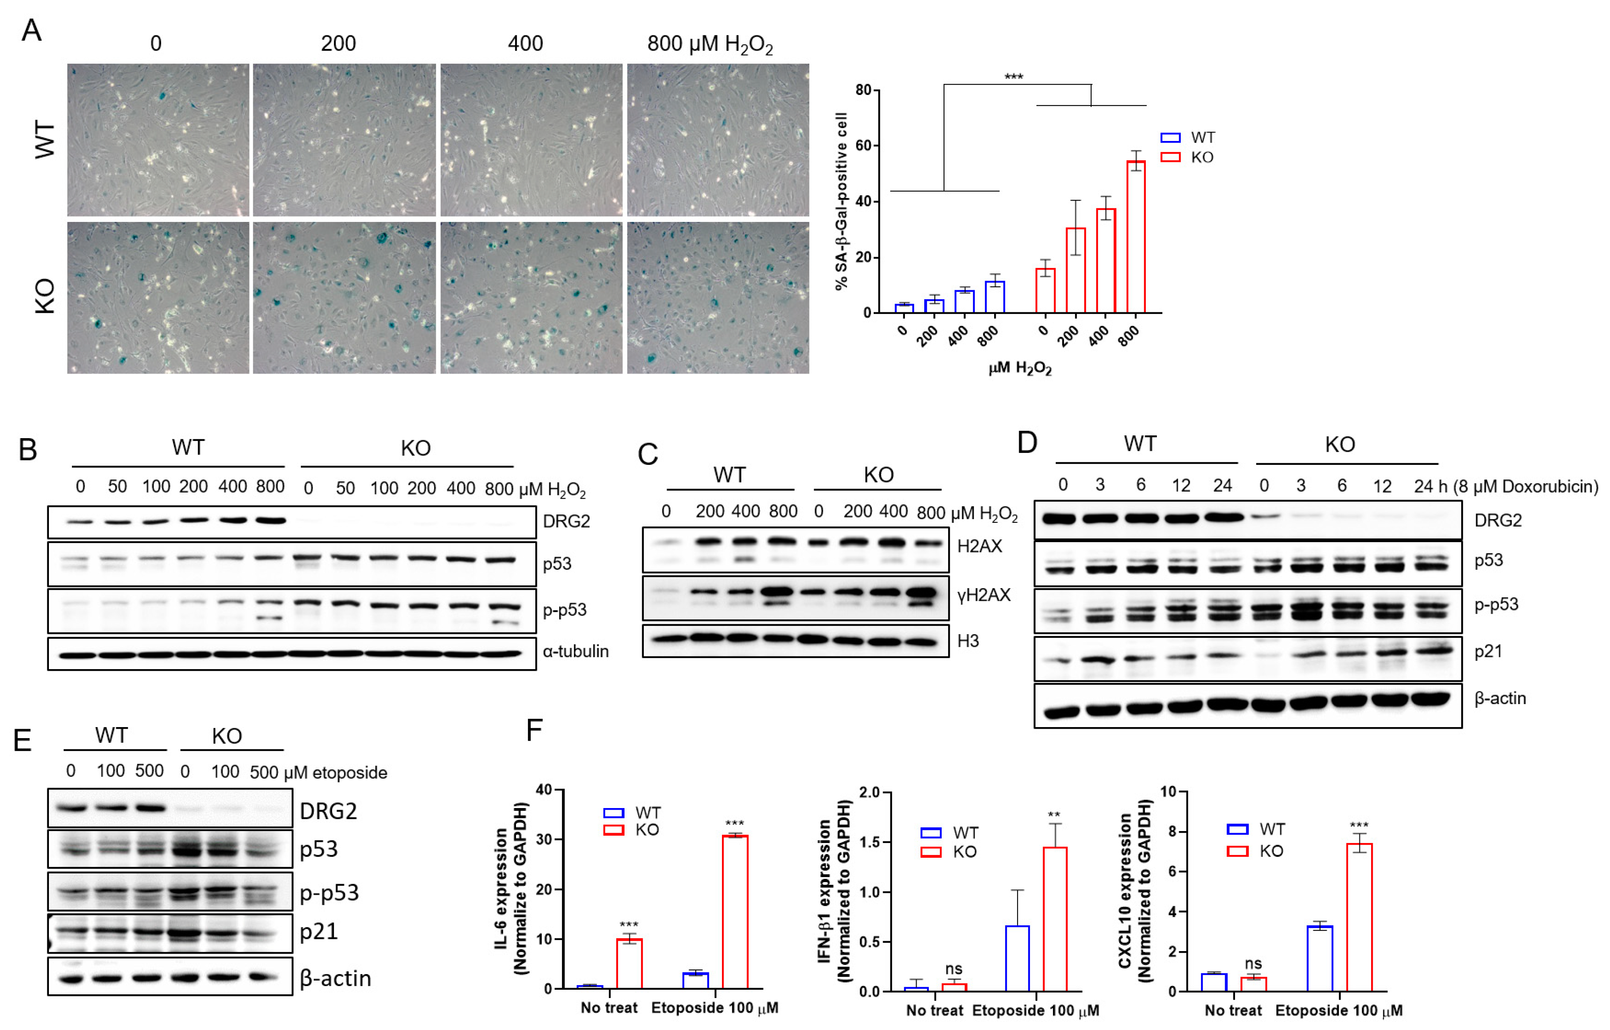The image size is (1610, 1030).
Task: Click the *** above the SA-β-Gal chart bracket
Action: pyautogui.click(x=1013, y=77)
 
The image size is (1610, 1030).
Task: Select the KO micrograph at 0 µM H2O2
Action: pyautogui.click(x=158, y=298)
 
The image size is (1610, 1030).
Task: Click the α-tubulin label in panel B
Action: pyautogui.click(x=575, y=651)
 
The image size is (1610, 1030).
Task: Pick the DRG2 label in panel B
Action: pyautogui.click(x=566, y=521)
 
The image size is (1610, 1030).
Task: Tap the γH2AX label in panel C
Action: pyautogui.click(x=983, y=595)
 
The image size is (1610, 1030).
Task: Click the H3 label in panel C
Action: pyautogui.click(x=967, y=641)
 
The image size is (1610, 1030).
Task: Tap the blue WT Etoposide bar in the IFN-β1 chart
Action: pyautogui.click(x=1017, y=958)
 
